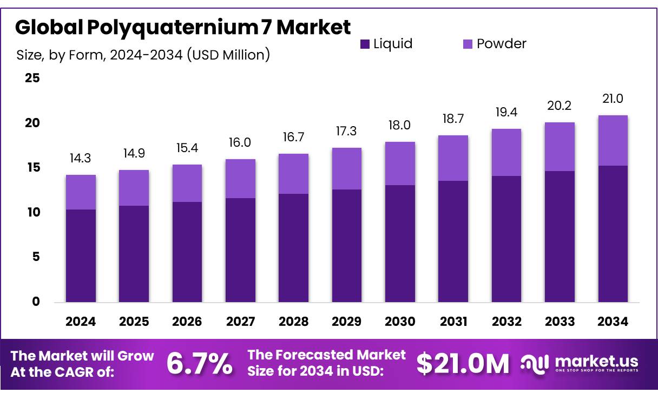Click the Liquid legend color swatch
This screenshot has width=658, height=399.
click(365, 44)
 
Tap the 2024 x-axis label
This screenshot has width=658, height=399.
click(81, 322)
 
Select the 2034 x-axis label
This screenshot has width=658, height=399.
click(613, 322)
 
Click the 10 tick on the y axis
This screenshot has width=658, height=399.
click(32, 212)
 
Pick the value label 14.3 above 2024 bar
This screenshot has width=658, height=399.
click(81, 159)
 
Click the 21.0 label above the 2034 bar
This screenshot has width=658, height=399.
click(613, 99)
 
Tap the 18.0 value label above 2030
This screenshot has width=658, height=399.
click(400, 126)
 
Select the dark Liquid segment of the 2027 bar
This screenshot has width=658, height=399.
click(240, 250)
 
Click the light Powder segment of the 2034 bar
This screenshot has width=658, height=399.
click(613, 140)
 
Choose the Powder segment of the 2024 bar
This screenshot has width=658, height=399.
click(81, 192)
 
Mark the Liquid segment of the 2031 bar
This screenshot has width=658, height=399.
click(453, 241)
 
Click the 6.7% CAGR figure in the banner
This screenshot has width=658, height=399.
click(199, 364)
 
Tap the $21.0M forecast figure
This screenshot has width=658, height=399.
click(463, 364)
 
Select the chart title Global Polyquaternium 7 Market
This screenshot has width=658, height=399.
click(183, 27)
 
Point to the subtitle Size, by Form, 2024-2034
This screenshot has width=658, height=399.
click(143, 55)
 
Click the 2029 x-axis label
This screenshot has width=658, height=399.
click(347, 322)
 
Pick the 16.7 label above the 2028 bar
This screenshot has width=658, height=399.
click(293, 137)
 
